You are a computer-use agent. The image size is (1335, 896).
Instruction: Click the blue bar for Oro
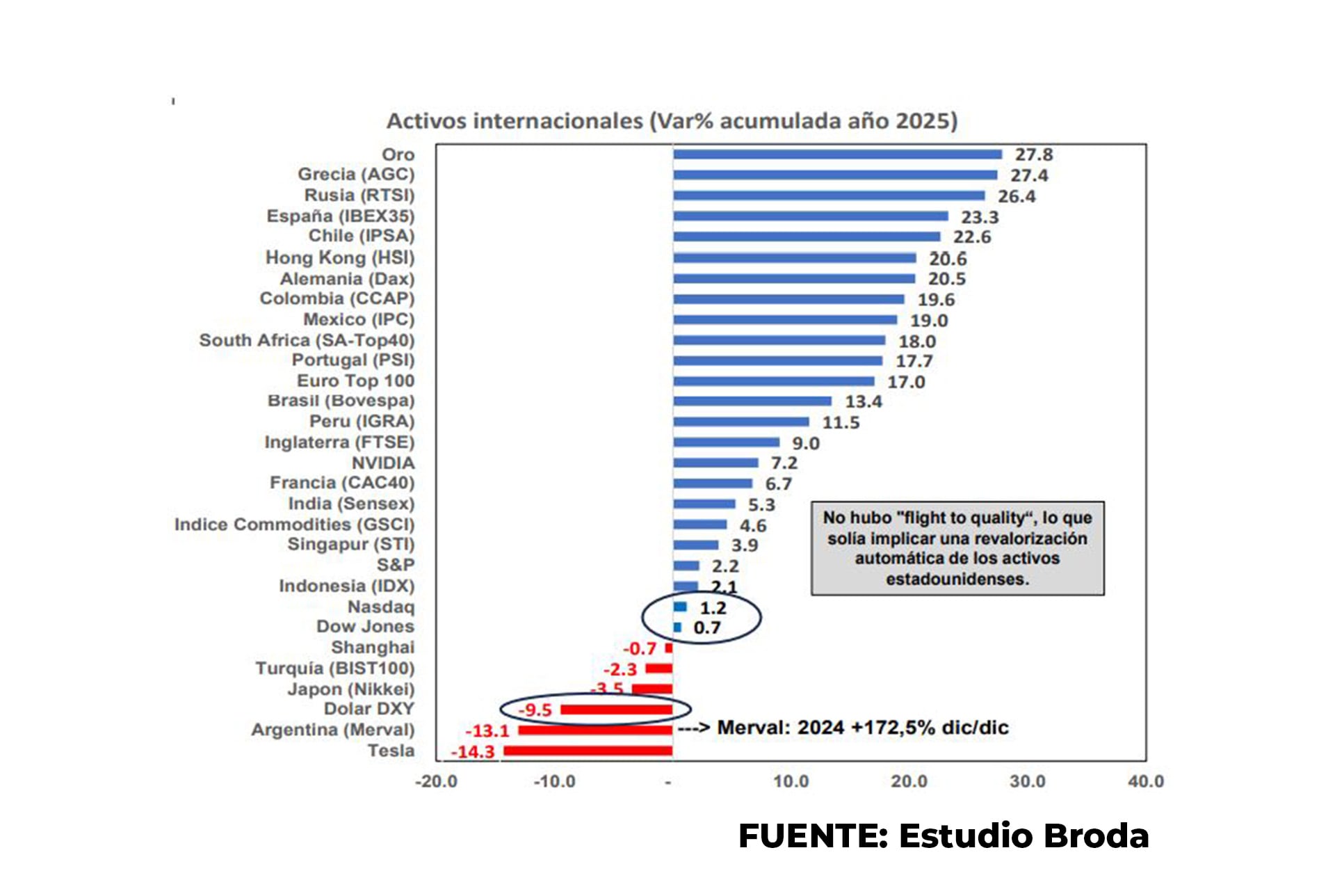(x=837, y=154)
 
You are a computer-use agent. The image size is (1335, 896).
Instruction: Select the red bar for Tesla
(x=588, y=751)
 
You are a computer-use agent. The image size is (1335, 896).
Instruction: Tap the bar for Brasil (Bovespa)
(x=752, y=401)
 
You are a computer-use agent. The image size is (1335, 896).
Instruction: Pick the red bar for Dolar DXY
(x=616, y=710)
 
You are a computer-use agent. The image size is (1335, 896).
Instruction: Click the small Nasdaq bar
(x=680, y=607)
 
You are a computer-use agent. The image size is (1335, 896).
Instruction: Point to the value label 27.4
(x=1029, y=175)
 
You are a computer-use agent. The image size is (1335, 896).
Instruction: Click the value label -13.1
(x=487, y=731)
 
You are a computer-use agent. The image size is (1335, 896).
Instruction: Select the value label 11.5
(x=841, y=422)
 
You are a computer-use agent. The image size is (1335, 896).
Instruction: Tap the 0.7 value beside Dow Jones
(x=706, y=628)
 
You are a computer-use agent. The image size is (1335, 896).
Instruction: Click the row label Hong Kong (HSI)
(x=339, y=258)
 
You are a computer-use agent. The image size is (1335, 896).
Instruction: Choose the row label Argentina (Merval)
(x=332, y=730)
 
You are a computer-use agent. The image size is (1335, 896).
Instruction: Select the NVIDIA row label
(x=382, y=463)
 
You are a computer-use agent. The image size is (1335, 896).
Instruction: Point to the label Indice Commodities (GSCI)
(x=294, y=525)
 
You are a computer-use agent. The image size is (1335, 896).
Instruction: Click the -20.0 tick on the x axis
(x=436, y=781)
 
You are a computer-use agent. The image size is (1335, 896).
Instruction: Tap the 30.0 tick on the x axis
(x=1027, y=781)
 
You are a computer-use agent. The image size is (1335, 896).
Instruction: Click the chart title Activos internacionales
(x=672, y=121)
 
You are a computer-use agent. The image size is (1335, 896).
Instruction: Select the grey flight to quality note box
(x=957, y=548)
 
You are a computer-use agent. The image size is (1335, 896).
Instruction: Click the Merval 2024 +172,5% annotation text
(x=862, y=728)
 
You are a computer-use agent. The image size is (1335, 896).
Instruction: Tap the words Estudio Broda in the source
(x=1023, y=835)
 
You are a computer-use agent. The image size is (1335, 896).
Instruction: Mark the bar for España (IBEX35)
(x=810, y=216)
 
